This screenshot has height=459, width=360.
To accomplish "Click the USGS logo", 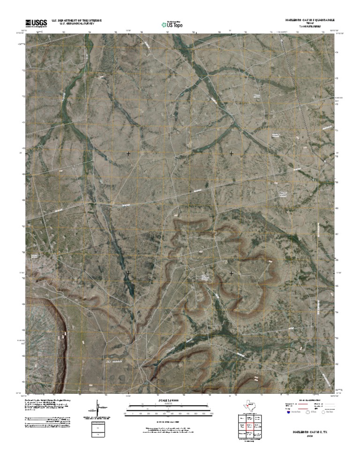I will click(36, 23).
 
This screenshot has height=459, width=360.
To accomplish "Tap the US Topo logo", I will click(172, 23).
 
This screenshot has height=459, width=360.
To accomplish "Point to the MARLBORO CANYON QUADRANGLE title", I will click(310, 21).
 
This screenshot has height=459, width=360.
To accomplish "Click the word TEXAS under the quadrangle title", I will click(310, 24).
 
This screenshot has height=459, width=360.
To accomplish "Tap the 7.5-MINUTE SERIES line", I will click(310, 27).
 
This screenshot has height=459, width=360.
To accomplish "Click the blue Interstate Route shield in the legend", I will click(288, 413).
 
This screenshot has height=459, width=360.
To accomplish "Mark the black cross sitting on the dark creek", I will click(128, 272).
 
